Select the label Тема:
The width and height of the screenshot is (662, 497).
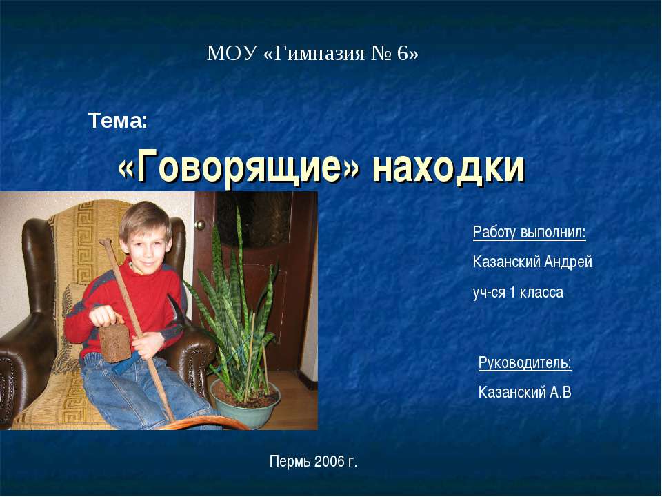118,122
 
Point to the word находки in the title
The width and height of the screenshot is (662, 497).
449,168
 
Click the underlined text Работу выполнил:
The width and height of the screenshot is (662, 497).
530,232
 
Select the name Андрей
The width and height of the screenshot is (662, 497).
568,262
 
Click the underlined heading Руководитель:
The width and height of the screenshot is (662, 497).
525,362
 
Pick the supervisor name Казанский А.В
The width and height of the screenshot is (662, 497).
525,393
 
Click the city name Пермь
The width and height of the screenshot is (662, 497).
290,460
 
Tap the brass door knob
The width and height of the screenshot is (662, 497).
201,224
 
